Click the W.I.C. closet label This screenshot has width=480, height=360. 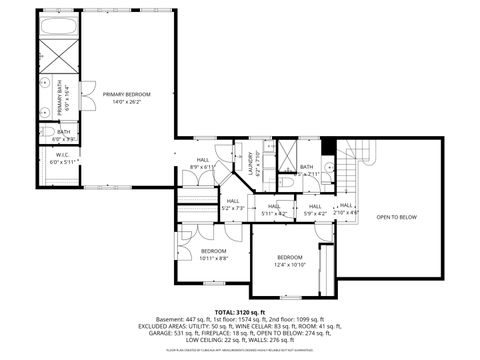[62, 155]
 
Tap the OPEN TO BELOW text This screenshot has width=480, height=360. [396, 217]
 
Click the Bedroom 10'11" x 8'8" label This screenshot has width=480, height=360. [213, 254]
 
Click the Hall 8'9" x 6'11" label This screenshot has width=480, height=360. [203, 163]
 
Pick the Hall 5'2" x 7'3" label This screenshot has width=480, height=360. [232, 204]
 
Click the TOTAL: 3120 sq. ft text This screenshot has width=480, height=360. [241, 312]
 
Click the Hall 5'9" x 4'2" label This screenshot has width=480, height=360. [314, 209]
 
